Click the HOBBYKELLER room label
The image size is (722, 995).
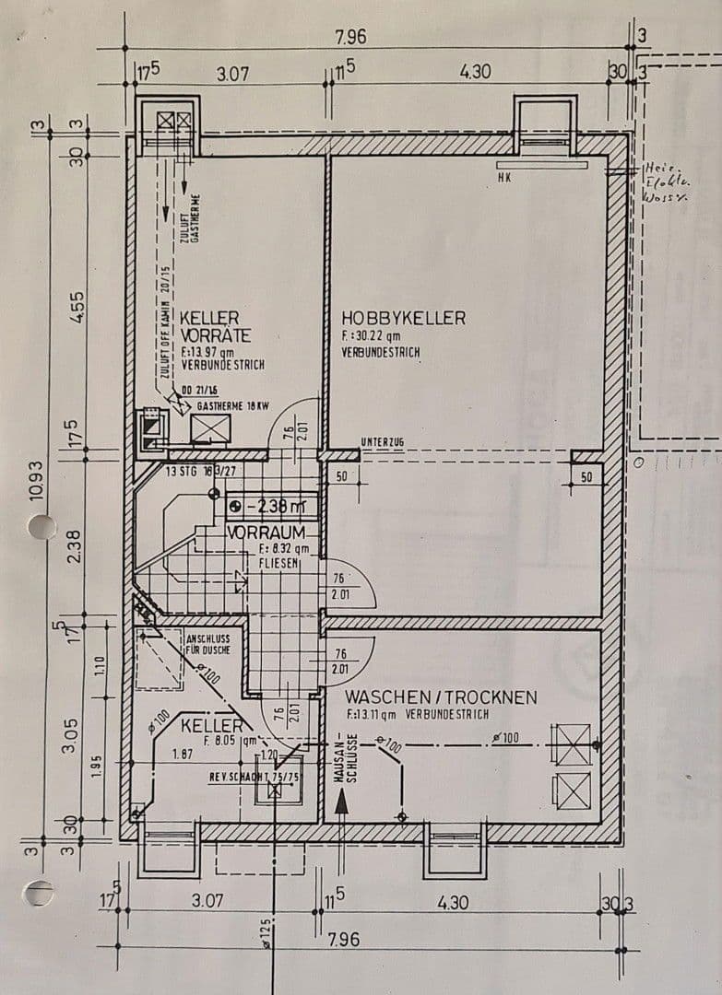(x=403, y=318)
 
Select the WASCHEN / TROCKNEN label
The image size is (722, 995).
(x=441, y=697)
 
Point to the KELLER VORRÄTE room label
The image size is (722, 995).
(x=211, y=325)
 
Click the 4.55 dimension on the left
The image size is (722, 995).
(x=78, y=306)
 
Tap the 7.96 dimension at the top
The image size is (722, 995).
(x=350, y=38)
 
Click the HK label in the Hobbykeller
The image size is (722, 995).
(x=503, y=177)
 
